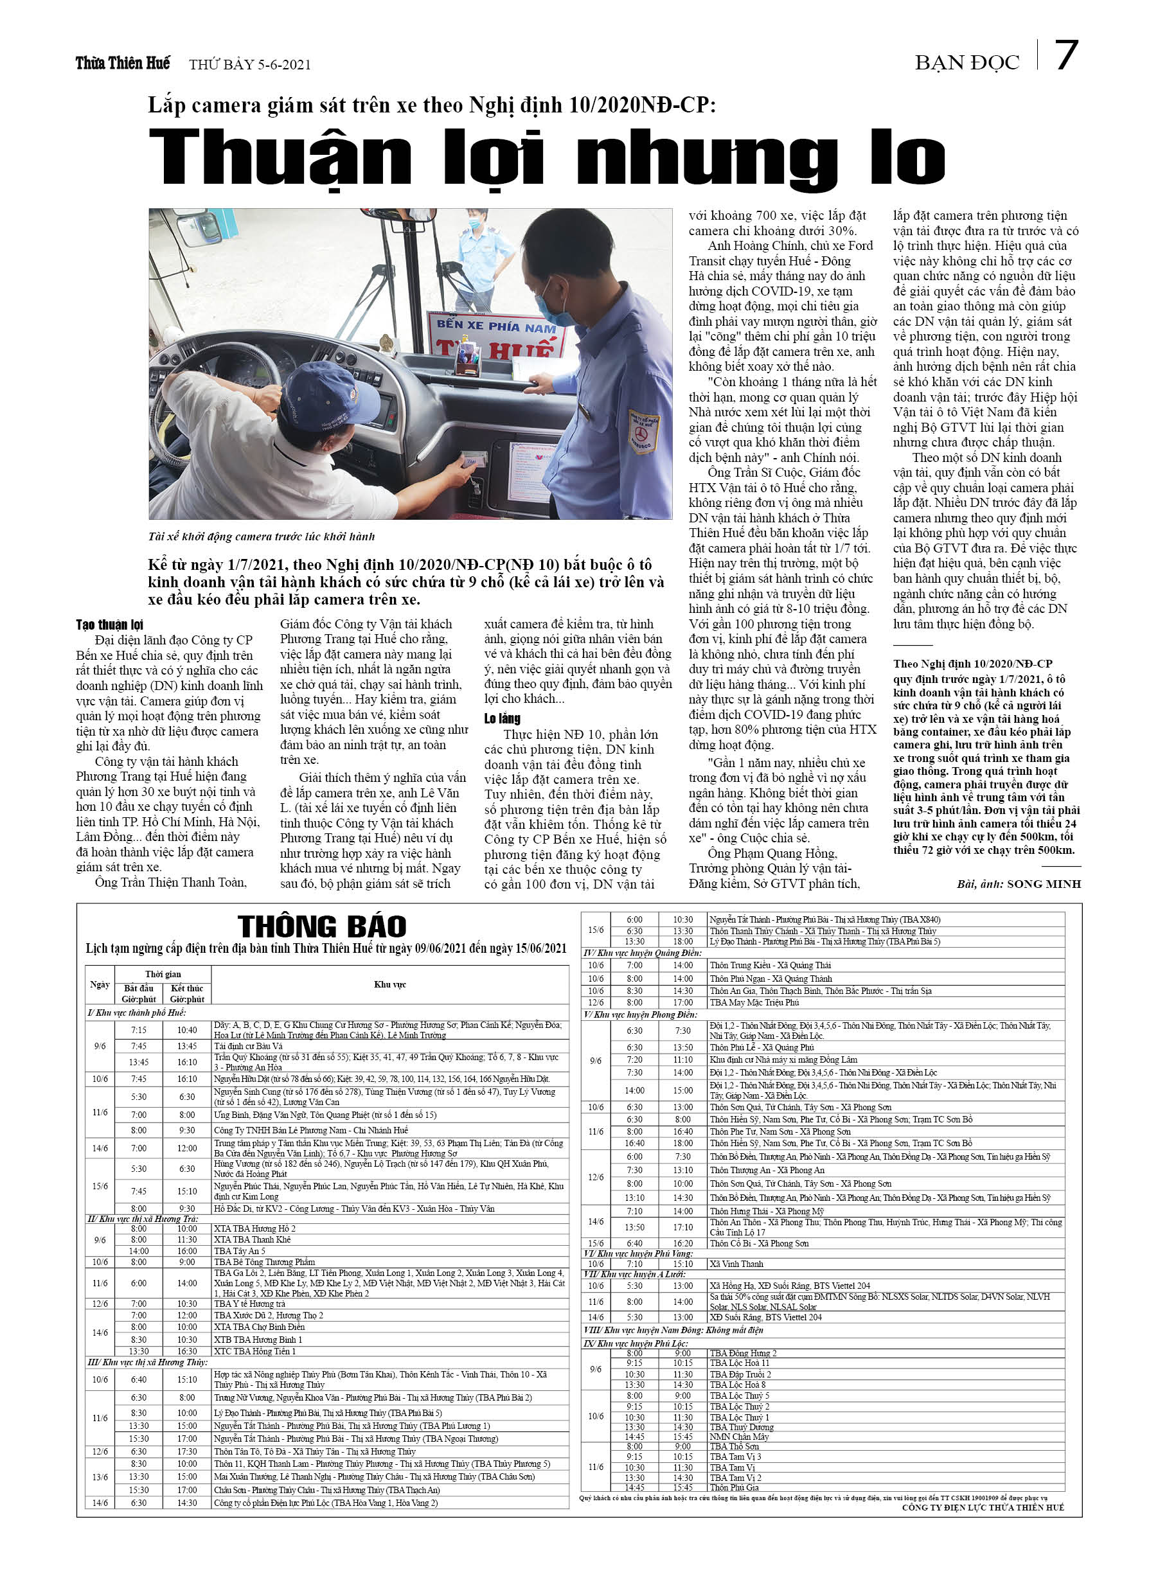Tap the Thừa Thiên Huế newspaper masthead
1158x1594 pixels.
pyautogui.click(x=122, y=63)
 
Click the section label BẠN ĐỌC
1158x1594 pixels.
pyautogui.click(x=966, y=63)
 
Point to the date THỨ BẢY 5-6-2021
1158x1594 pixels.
pyautogui.click(x=249, y=65)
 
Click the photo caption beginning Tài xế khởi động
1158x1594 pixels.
pyautogui.click(x=261, y=536)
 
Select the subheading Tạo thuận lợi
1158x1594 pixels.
pyautogui.click(x=109, y=624)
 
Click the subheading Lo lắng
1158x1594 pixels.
pyautogui.click(x=502, y=718)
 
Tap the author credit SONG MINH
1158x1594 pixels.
pyautogui.click(x=1044, y=883)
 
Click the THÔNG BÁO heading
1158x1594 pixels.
pyautogui.click(x=322, y=926)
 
